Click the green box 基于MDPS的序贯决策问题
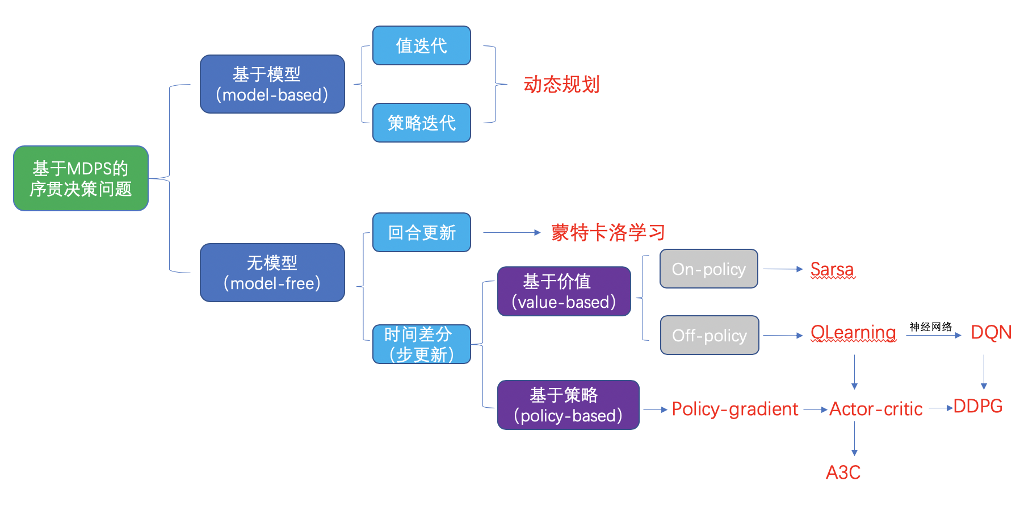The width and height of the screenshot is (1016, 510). click(x=81, y=178)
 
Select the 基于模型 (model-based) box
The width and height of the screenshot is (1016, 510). click(x=272, y=84)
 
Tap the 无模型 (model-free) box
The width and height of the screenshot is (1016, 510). click(x=272, y=273)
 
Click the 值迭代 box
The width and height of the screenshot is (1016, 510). click(x=422, y=45)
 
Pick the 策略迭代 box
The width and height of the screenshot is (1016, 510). click(x=422, y=123)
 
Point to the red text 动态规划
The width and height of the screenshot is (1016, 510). click(x=561, y=85)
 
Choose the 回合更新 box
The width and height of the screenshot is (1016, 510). click(x=422, y=232)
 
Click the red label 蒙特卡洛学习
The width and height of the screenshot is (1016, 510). click(x=608, y=232)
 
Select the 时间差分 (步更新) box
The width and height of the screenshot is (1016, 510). click(x=422, y=344)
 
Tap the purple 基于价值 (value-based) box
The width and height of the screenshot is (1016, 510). click(x=564, y=291)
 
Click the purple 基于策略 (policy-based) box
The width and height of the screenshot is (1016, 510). click(x=568, y=405)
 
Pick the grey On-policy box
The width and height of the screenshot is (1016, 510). click(x=709, y=269)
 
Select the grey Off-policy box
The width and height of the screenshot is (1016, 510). click(x=709, y=335)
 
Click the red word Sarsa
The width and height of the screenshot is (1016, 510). click(x=832, y=269)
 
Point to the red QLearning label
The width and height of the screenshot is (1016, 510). click(x=853, y=332)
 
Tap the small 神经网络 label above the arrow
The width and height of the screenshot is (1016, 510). click(x=931, y=327)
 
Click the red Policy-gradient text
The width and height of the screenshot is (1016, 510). click(x=735, y=409)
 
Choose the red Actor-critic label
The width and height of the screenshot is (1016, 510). click(x=876, y=409)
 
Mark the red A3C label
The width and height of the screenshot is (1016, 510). click(x=843, y=472)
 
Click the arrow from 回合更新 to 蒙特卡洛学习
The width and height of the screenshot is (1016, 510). click(x=511, y=232)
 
